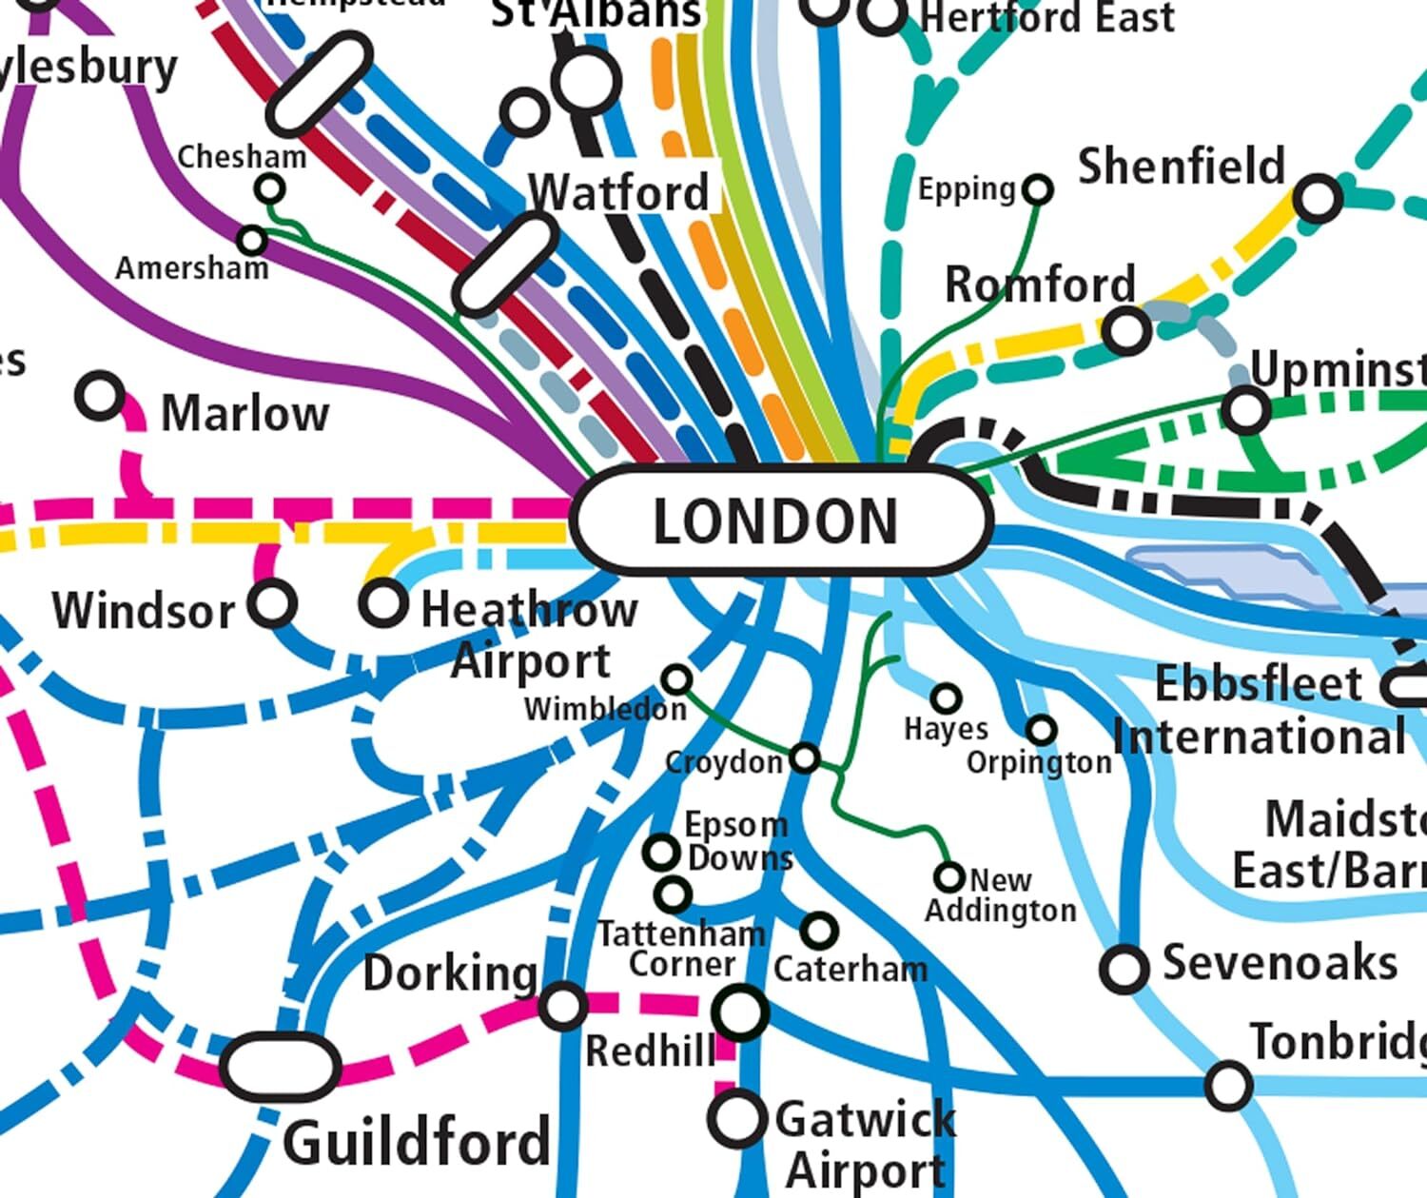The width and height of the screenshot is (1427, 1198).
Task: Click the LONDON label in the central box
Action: coord(775,521)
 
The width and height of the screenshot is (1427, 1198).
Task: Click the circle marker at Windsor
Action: coord(272,603)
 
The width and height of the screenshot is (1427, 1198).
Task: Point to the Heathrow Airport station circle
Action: coord(383,602)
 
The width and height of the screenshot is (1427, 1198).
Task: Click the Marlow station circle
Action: coord(100,396)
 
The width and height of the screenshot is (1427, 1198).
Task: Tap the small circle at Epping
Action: coord(1038,190)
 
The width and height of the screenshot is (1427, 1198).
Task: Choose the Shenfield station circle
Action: coord(1319,199)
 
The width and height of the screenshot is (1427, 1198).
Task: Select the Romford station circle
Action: coord(1127,331)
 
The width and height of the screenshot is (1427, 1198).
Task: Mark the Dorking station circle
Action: coord(562,1006)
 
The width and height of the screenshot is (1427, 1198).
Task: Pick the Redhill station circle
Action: coord(741,1012)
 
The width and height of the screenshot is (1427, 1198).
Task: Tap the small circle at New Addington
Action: coord(948,876)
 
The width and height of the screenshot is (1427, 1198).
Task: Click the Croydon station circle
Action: coord(805,758)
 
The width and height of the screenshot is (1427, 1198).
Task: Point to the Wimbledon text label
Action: coord(605,709)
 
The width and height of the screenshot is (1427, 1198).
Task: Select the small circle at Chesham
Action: coord(270,189)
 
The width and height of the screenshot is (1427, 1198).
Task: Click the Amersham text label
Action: coord(192,269)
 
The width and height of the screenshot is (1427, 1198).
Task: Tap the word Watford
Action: coord(618,192)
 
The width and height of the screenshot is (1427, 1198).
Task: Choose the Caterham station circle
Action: coord(819,930)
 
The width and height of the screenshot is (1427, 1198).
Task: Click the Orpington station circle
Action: coord(1042,730)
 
